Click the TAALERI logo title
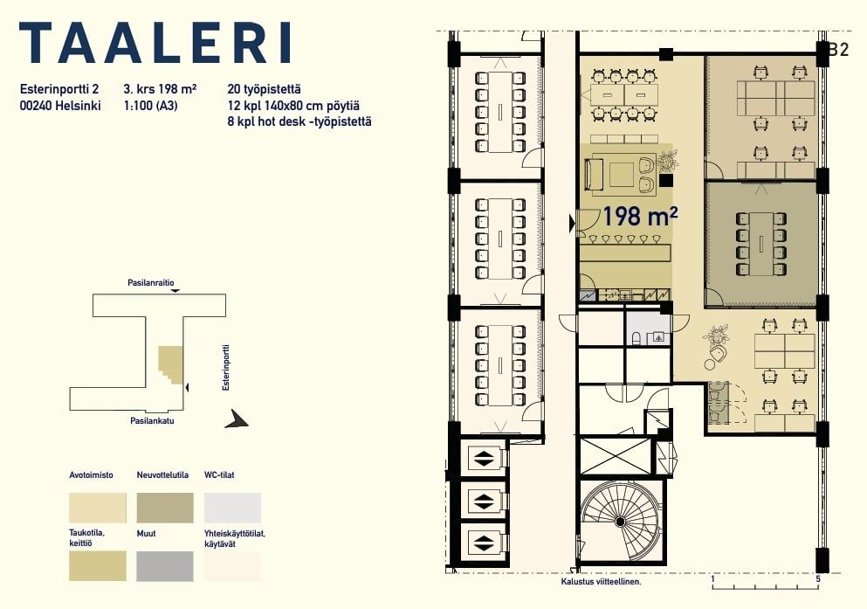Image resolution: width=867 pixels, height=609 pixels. click(155, 43)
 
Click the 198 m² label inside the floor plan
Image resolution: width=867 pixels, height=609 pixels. click(640, 217)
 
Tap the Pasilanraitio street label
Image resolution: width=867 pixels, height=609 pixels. click(151, 282)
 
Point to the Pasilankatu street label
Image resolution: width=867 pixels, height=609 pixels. click(152, 420)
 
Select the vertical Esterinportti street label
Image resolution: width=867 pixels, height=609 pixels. click(225, 368)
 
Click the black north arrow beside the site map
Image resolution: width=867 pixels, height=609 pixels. click(237, 419)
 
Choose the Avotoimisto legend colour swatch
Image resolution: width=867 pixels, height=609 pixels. click(98, 508)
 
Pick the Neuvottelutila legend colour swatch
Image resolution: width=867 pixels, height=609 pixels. click(165, 508)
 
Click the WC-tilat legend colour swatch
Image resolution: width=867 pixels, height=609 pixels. click(232, 508)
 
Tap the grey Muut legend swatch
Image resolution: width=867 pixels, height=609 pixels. click(165, 566)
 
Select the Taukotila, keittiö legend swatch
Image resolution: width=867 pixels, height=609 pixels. click(98, 566)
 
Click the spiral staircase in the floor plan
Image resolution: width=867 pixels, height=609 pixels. click(620, 521)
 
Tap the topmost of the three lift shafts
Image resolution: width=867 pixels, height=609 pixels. click(485, 458)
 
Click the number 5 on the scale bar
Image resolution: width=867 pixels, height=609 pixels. click(818, 578)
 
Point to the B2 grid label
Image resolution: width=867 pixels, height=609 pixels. click(838, 49)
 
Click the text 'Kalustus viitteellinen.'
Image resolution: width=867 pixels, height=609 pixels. click(601, 581)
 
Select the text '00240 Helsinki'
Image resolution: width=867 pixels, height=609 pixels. click(60, 105)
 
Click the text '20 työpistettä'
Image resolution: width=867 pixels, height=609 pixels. click(264, 89)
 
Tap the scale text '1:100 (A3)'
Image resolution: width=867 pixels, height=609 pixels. click(151, 105)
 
